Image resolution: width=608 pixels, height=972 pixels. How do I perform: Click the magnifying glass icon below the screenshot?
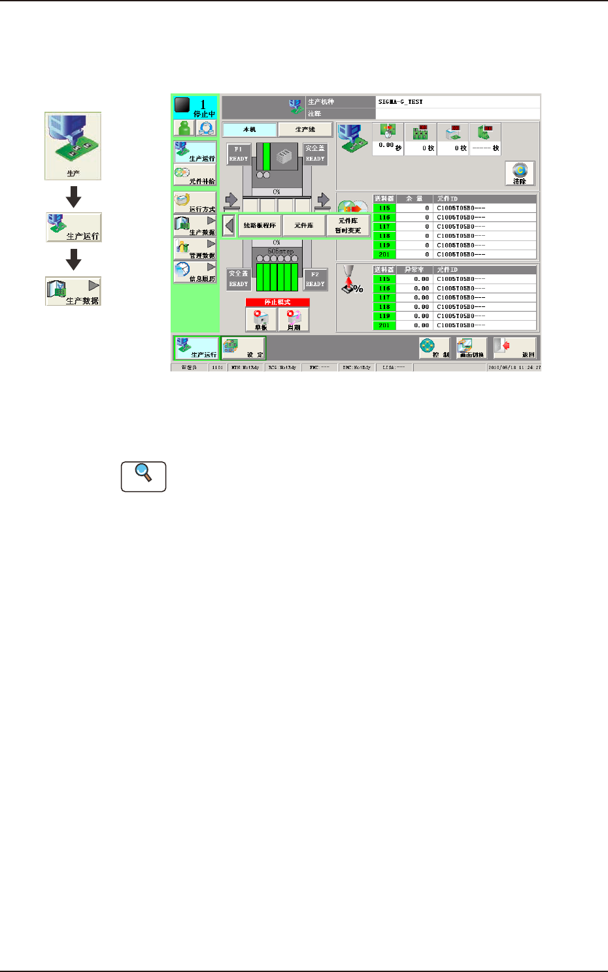[x=143, y=476]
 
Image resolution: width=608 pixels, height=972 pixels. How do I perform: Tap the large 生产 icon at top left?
[x=73, y=146]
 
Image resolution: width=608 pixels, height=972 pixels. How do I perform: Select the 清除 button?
[x=520, y=173]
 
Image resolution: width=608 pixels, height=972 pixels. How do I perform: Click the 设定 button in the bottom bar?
[x=243, y=348]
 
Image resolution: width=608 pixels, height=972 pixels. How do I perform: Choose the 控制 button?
[x=435, y=348]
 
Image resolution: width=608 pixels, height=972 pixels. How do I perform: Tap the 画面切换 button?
[x=471, y=348]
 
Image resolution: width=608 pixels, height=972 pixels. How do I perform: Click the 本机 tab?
[x=250, y=129]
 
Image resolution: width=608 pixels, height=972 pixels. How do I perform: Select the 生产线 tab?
[x=305, y=129]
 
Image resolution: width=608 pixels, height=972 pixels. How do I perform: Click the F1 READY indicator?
[x=238, y=154]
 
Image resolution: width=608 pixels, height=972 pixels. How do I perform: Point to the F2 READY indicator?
[x=315, y=279]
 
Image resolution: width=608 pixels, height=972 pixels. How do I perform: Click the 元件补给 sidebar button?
[x=195, y=176]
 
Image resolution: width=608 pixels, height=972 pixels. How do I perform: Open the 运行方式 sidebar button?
[x=195, y=203]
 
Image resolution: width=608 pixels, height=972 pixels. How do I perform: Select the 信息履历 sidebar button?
[x=195, y=272]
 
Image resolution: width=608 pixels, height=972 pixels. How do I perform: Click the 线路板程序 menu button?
[x=260, y=225]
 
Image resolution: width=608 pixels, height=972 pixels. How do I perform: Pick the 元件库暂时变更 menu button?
[x=348, y=225]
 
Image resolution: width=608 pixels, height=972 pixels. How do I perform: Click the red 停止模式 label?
[x=277, y=302]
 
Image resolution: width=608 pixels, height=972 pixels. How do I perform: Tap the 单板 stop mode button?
[x=261, y=319]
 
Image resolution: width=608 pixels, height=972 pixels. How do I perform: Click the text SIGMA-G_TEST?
[x=400, y=102]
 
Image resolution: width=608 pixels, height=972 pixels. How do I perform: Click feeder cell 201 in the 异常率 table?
[x=384, y=325]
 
